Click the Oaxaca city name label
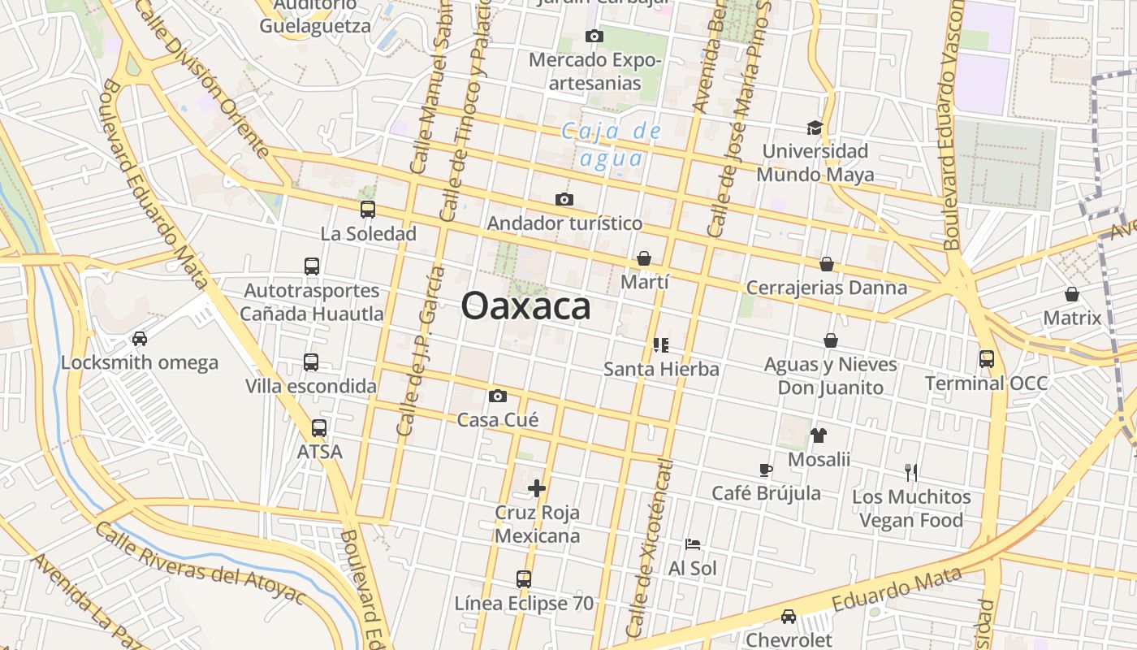click(525, 307)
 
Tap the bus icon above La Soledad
click(368, 210)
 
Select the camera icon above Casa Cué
click(498, 396)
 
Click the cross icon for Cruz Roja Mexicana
click(537, 488)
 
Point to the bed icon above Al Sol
click(693, 544)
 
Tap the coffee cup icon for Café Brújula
click(766, 469)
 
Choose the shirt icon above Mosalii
click(818, 435)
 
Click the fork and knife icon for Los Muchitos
click(911, 472)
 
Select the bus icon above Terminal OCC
click(987, 358)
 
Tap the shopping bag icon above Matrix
click(1072, 293)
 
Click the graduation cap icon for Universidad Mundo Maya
click(815, 128)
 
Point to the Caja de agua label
click(612, 144)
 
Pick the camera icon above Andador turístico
click(564, 199)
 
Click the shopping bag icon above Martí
click(644, 258)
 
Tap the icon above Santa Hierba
click(661, 345)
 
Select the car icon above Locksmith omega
click(140, 338)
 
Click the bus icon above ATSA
click(319, 427)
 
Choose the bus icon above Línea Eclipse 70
click(524, 579)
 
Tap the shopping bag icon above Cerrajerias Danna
click(826, 264)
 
